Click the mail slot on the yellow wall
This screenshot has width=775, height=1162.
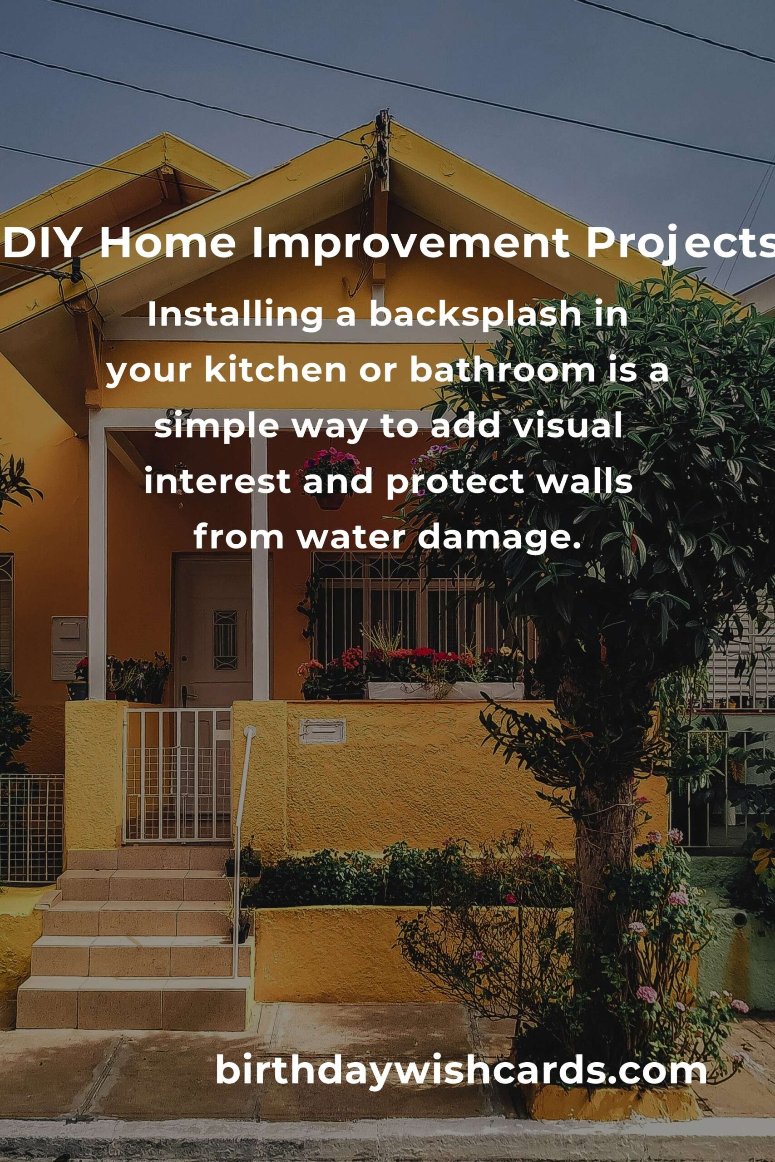tap(322, 732)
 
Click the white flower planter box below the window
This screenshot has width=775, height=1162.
tap(445, 690)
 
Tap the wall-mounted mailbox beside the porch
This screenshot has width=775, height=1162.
tap(69, 648)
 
